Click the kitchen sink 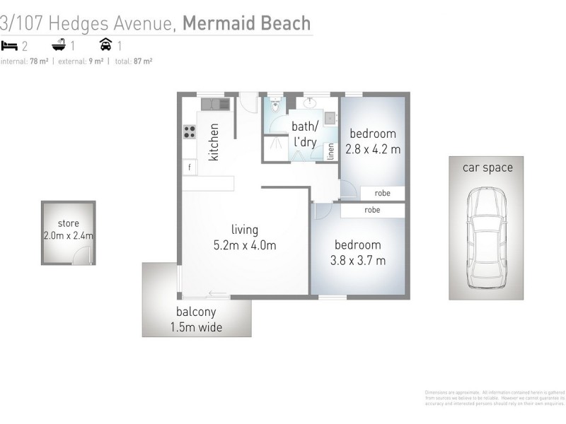tap(215, 104)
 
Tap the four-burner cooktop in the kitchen tap(190, 131)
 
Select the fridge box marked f tap(189, 167)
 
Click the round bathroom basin tap(310, 103)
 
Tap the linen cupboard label tap(330, 151)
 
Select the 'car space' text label tap(487, 167)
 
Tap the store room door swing tap(86, 257)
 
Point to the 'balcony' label tap(196, 312)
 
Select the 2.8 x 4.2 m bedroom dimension tap(373, 149)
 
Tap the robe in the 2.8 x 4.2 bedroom tap(383, 193)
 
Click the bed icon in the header tap(9, 46)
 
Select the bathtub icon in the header tap(59, 46)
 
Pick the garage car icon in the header tap(105, 46)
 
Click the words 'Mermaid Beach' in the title tap(246, 23)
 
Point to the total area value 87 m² tap(143, 61)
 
